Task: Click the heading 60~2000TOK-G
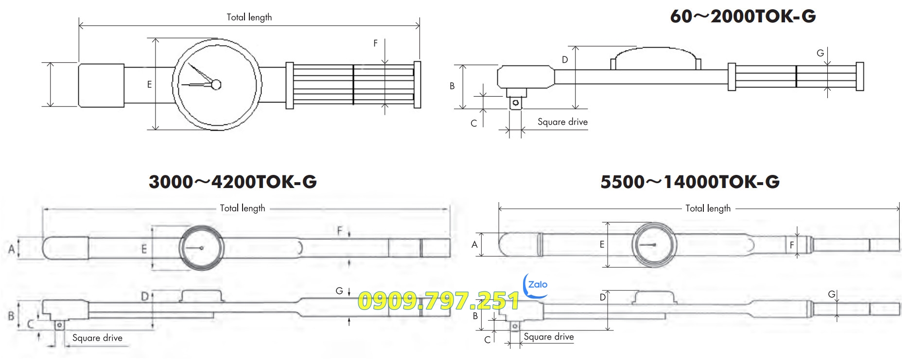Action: click(x=742, y=17)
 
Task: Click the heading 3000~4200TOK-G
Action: click(x=232, y=182)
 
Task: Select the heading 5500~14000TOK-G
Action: click(x=690, y=182)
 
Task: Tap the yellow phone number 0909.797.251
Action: click(x=438, y=301)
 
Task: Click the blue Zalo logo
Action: click(x=537, y=285)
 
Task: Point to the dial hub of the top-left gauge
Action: click(x=216, y=85)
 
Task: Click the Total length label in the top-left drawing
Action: click(x=249, y=17)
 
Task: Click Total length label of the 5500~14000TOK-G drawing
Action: click(x=708, y=208)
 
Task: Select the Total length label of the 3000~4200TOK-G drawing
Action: click(x=243, y=208)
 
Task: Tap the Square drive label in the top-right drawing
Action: click(x=562, y=122)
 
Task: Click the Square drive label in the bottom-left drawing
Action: click(x=97, y=338)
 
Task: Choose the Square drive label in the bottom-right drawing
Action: click(x=549, y=337)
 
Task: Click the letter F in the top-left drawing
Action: click(x=375, y=43)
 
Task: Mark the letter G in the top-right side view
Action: click(x=820, y=53)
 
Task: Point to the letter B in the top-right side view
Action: click(x=452, y=86)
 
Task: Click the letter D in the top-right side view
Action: click(x=565, y=60)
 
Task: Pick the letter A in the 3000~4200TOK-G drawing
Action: click(x=12, y=249)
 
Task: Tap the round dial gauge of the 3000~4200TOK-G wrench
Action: click(x=202, y=248)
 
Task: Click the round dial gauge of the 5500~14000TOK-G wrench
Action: click(x=654, y=245)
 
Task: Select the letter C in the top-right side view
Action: click(x=473, y=123)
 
